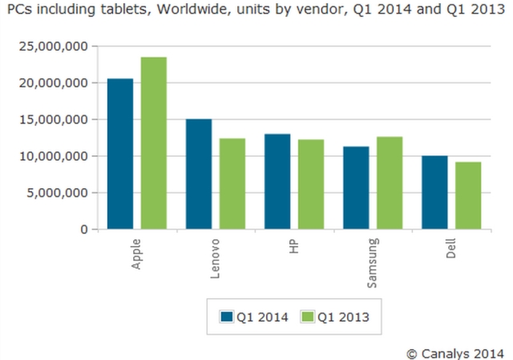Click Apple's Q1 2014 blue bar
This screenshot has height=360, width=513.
pyautogui.click(x=120, y=154)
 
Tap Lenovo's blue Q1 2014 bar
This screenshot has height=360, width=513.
pyautogui.click(x=199, y=174)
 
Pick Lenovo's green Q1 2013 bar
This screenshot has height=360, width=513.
pyautogui.click(x=232, y=184)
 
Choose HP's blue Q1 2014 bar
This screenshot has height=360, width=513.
pyautogui.click(x=277, y=181)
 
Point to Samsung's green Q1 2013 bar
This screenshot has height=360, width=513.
pyautogui.click(x=390, y=183)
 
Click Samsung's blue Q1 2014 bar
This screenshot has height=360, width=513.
pyautogui.click(x=356, y=188)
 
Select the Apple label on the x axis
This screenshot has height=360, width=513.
pyautogui.click(x=137, y=253)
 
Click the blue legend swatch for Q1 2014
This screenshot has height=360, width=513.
pyautogui.click(x=227, y=316)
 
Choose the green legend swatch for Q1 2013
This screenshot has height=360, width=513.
pyautogui.click(x=309, y=316)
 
